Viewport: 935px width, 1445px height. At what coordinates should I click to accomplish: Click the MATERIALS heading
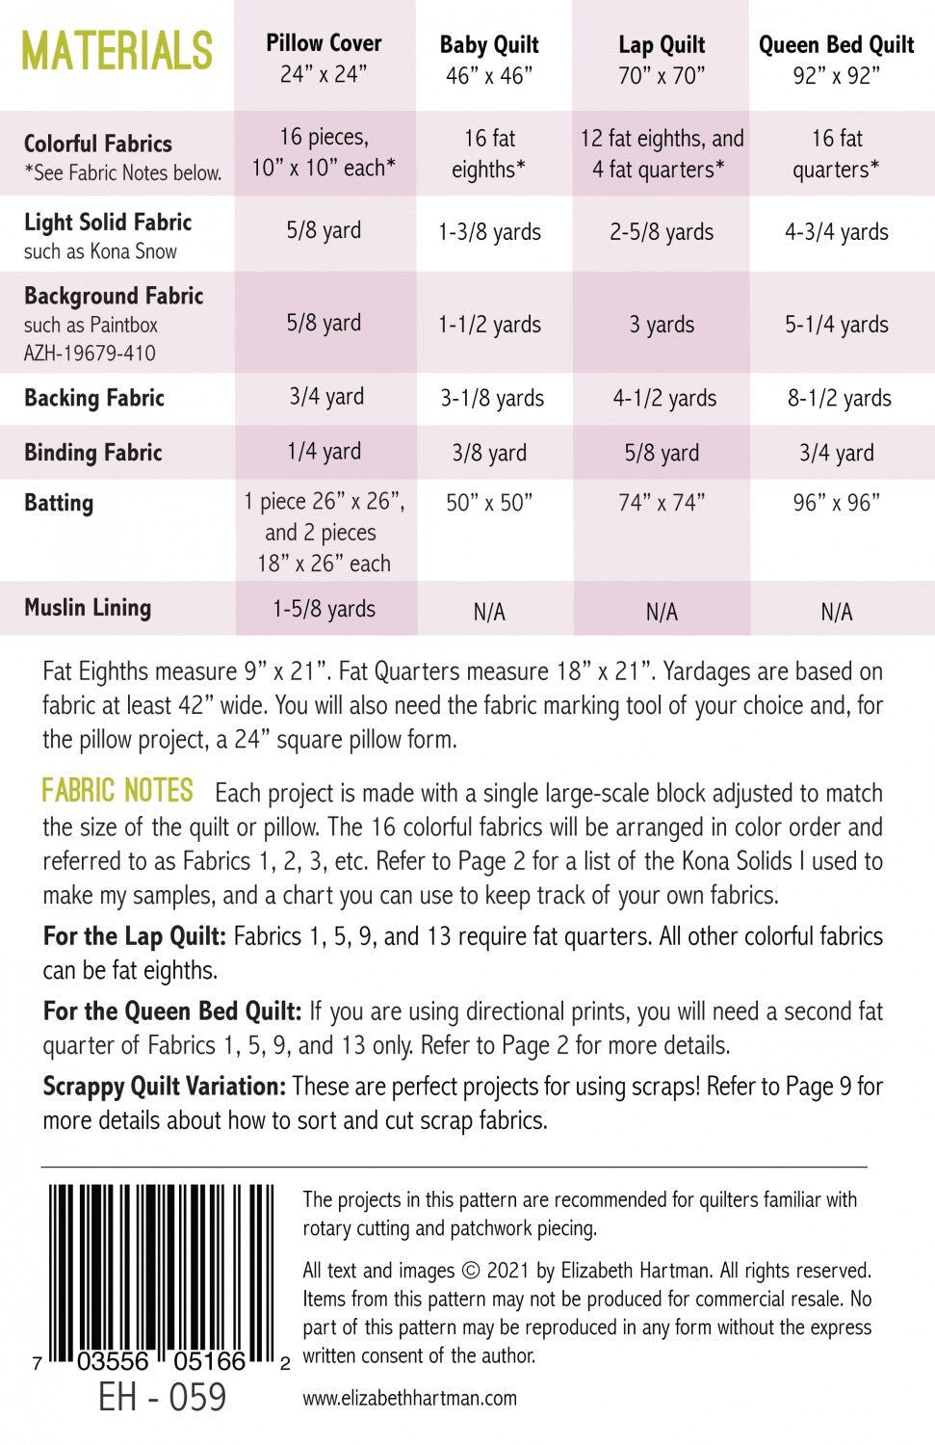(x=117, y=50)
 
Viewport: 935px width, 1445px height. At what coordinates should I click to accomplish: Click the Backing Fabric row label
(x=94, y=398)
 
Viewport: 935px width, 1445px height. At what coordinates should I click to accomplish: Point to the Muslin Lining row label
(x=88, y=608)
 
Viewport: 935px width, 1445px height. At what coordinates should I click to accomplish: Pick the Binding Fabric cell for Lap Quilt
(x=662, y=453)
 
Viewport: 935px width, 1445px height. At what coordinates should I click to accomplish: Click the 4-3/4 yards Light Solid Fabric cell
(x=836, y=232)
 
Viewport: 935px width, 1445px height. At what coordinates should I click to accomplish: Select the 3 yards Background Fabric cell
(x=662, y=325)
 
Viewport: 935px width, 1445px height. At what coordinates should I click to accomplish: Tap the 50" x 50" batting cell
(x=489, y=503)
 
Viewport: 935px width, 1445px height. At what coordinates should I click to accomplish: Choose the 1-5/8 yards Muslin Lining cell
(x=324, y=609)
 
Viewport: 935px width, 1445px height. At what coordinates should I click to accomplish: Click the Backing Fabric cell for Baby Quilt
(x=492, y=398)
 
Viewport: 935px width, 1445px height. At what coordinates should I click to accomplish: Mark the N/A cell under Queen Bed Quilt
(x=836, y=612)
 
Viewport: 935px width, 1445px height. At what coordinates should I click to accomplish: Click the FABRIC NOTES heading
(x=117, y=792)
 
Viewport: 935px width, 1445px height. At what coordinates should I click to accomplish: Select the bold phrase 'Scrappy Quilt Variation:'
(x=164, y=1087)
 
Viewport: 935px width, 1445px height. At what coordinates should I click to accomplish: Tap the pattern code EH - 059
(x=162, y=1398)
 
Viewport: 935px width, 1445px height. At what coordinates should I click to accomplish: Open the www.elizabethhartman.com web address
(x=409, y=1398)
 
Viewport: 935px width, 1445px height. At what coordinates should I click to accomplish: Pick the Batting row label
(x=59, y=503)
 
